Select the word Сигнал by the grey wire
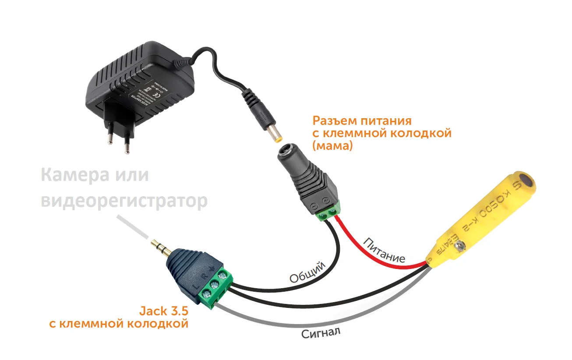point(320,333)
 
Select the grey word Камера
point(73,176)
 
